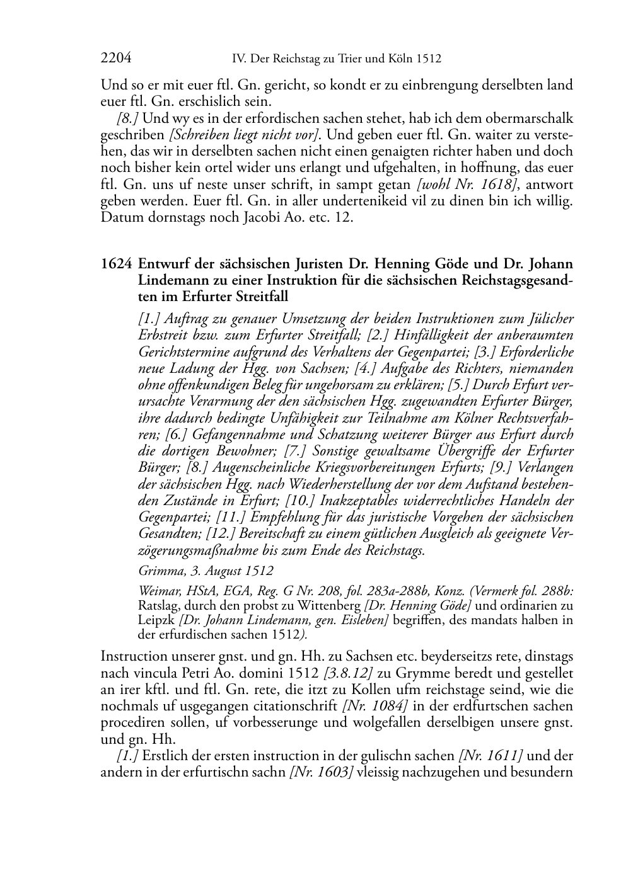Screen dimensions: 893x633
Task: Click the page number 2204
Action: [x=116, y=59]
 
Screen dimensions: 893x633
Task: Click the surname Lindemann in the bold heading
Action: [x=174, y=280]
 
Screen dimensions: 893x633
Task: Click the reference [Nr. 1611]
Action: [x=492, y=756]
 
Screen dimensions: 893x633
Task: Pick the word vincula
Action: [x=149, y=673]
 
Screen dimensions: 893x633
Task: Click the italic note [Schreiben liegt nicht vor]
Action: [x=243, y=135]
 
